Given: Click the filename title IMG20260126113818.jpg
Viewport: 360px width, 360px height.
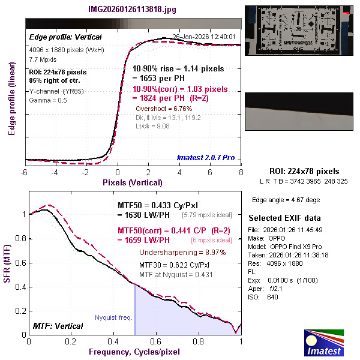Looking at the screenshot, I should [133, 10].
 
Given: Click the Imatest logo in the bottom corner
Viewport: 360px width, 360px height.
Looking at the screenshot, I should [325, 343].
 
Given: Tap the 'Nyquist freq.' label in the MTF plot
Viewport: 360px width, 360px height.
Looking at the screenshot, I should [114, 317].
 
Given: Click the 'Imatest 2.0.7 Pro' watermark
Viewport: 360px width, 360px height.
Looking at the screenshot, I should [206, 158].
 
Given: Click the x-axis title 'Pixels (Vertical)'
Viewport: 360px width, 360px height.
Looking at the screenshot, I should [133, 181].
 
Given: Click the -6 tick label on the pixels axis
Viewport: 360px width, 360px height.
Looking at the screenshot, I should [25, 172].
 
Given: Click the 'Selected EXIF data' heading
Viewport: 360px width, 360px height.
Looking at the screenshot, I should [284, 218].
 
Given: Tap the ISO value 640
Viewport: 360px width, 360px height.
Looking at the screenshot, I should [273, 297].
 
